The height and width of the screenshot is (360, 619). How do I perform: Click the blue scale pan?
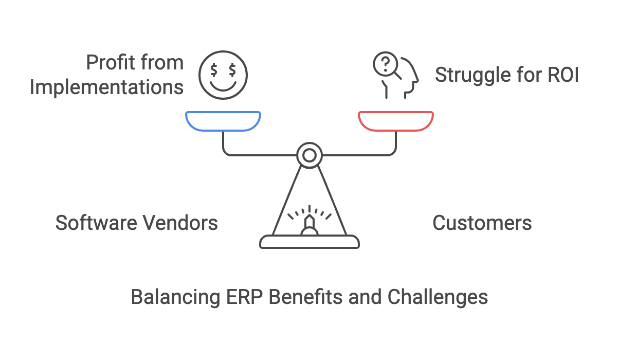tap(223, 121)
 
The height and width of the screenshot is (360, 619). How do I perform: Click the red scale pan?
tap(396, 121)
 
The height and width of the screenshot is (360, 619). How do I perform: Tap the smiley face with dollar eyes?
tap(223, 75)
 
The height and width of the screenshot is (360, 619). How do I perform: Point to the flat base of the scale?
tap(309, 242)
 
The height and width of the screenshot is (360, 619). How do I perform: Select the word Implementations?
tap(106, 87)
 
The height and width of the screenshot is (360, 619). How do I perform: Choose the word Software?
tap(95, 223)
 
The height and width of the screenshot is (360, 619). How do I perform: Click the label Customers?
tap(482, 223)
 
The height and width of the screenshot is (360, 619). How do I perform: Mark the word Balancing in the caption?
tap(174, 298)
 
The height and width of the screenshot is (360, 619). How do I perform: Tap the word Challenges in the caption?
tap(437, 298)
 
